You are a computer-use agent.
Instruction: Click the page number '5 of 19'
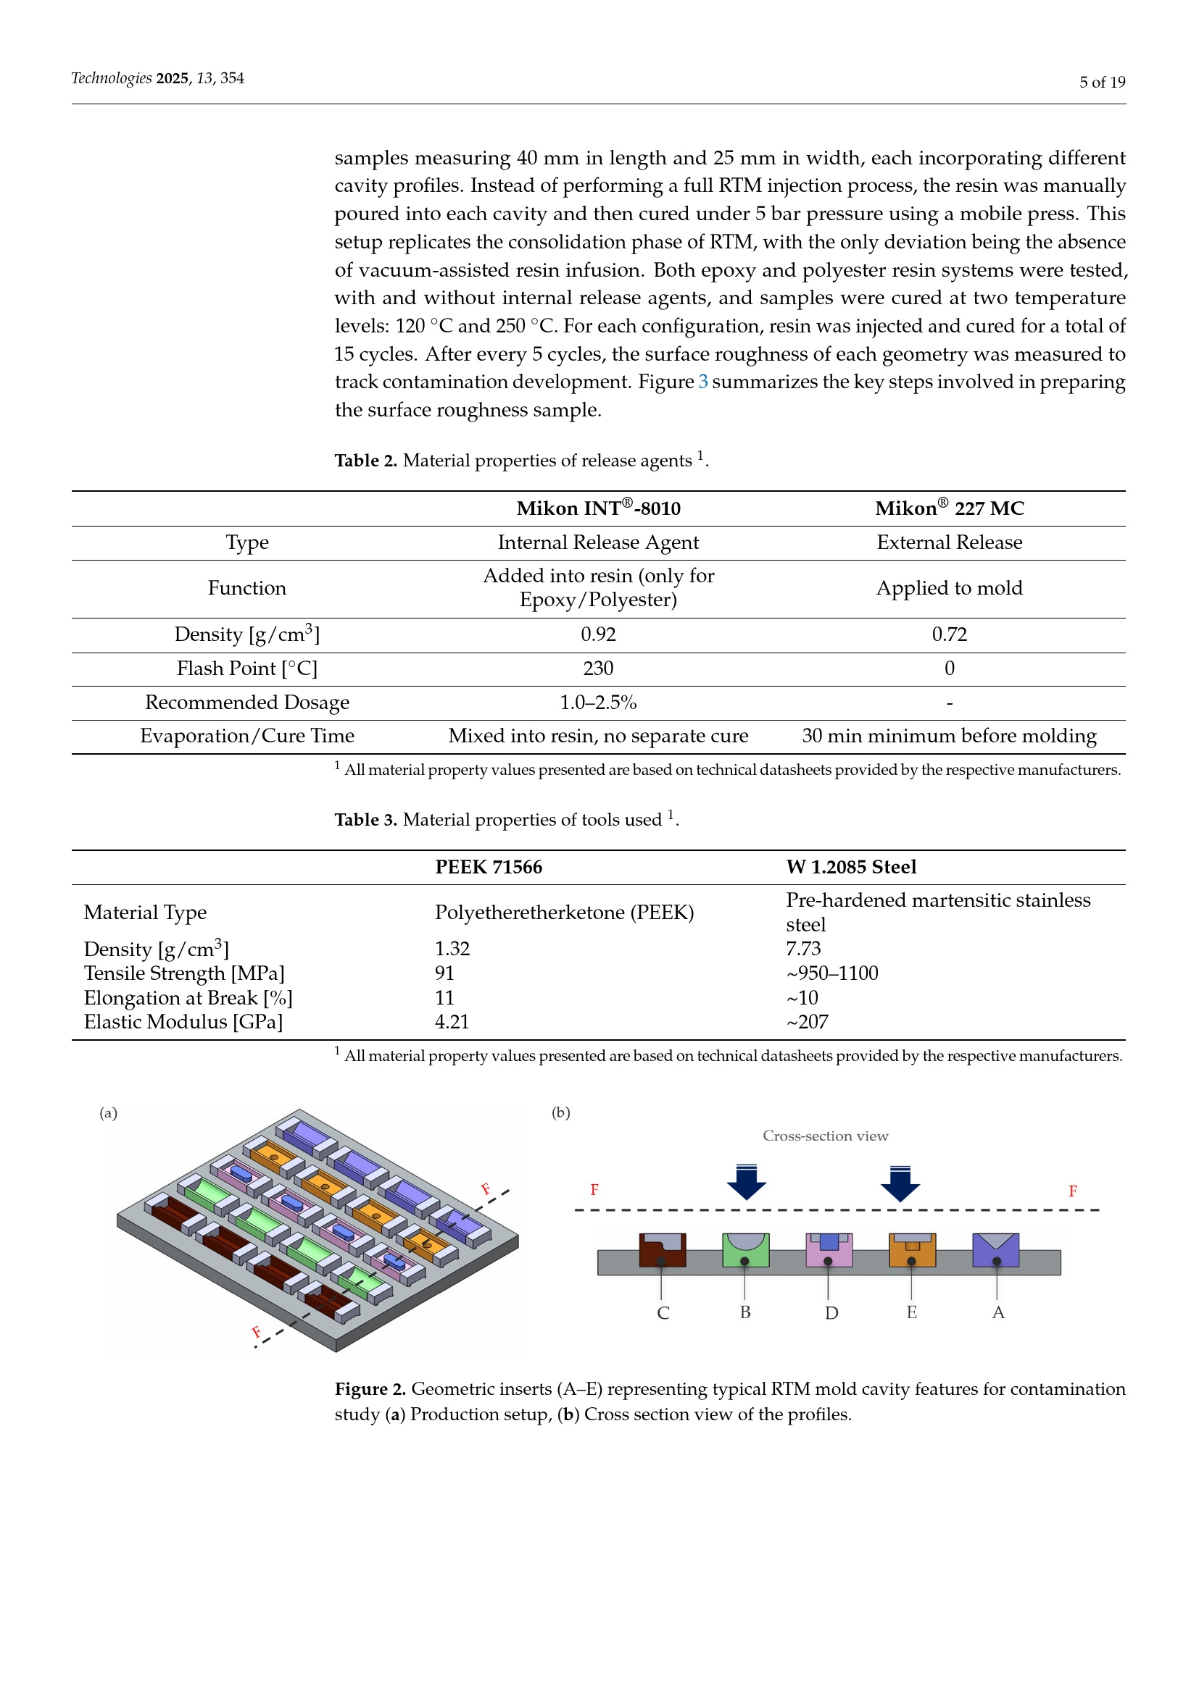(1102, 82)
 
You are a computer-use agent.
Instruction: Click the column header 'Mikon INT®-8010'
(598, 508)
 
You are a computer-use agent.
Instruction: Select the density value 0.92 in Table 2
(598, 634)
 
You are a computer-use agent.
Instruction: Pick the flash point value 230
(598, 668)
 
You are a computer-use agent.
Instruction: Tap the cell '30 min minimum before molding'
(949, 736)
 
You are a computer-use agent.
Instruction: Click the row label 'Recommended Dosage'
(246, 703)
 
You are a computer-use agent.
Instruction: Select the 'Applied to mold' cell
(949, 588)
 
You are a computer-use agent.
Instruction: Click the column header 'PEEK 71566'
(488, 867)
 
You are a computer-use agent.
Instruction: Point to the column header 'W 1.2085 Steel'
(850, 867)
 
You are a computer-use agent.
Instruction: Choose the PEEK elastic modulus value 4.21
(452, 1022)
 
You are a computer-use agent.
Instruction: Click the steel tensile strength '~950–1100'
(832, 973)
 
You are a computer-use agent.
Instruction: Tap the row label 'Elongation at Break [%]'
(188, 997)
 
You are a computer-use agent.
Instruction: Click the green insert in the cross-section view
(745, 1250)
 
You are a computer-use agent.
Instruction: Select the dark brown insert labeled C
(662, 1250)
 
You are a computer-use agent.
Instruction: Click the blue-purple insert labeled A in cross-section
(995, 1250)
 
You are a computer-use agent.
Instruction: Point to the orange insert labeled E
(912, 1250)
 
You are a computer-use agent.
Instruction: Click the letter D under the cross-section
(831, 1313)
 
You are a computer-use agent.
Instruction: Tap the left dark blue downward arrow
(747, 1182)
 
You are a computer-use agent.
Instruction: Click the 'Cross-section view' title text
(825, 1136)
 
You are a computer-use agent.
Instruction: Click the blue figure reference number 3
(703, 382)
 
